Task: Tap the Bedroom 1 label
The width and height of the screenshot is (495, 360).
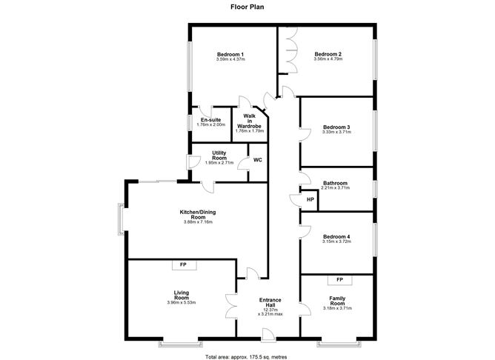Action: [x=230, y=55]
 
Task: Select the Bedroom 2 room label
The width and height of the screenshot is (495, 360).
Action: [x=328, y=54]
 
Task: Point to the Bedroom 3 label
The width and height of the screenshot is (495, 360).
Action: [x=336, y=127]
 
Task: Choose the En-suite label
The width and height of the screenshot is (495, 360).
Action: [x=210, y=120]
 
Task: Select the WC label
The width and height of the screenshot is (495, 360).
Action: [x=257, y=160]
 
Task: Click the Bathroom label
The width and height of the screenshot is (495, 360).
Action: [x=336, y=183]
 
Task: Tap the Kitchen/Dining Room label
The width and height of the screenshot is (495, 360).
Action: [x=197, y=214]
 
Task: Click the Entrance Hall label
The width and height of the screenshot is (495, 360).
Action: [x=270, y=303]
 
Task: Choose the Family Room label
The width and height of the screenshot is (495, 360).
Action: [x=337, y=301]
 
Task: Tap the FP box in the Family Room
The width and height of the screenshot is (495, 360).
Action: [x=340, y=279]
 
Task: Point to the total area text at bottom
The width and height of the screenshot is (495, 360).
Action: [x=247, y=356]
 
